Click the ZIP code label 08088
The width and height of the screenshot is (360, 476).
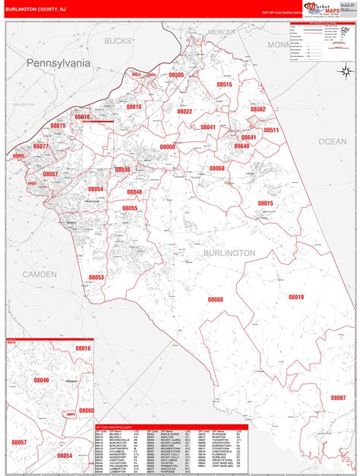pyautogui.click(x=216, y=300)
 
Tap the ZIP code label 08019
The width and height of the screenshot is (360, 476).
pyautogui.click(x=295, y=297)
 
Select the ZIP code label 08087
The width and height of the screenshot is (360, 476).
pyautogui.click(x=338, y=397)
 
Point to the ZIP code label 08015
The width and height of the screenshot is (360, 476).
pyautogui.click(x=265, y=203)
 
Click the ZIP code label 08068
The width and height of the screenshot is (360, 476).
pyautogui.click(x=217, y=168)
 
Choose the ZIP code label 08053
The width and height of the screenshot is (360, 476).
pyautogui.click(x=96, y=277)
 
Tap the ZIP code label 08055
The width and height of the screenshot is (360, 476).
pyautogui.click(x=129, y=208)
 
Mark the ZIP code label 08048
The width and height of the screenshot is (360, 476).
pyautogui.click(x=134, y=192)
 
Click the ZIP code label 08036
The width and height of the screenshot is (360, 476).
pyautogui.click(x=122, y=170)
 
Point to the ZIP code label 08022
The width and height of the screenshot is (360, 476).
pyautogui.click(x=185, y=112)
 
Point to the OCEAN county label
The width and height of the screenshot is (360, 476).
pyautogui.click(x=332, y=141)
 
